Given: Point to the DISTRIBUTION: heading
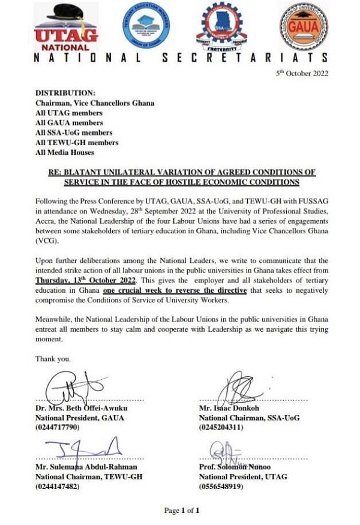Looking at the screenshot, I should [x=65, y=93].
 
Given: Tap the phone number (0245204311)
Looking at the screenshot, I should [x=221, y=428].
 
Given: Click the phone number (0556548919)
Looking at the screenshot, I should [x=221, y=487].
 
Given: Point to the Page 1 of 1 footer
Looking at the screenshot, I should [x=181, y=511].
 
